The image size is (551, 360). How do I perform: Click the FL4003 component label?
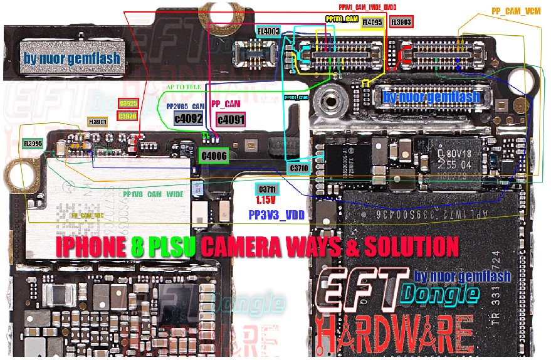(x=268, y=31)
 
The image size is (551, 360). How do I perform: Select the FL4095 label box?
(x=372, y=23)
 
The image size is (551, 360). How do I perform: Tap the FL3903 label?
(x=401, y=22)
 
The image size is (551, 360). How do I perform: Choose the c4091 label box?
(x=229, y=118)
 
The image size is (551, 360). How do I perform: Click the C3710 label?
(x=300, y=168)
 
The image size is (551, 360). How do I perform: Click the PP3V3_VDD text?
(x=276, y=214)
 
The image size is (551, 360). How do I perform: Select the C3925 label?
(x=127, y=103)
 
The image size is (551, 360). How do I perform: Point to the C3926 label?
(x=127, y=115)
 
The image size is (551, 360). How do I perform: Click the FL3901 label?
(x=98, y=121)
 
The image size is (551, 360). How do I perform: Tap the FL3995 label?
(x=33, y=144)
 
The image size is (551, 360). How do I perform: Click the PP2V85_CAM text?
(x=186, y=107)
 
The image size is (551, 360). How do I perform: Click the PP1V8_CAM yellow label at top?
(x=342, y=19)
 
